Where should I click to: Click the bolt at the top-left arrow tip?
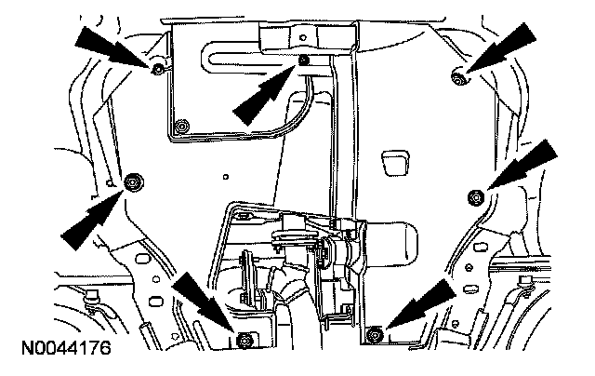(x=157, y=69)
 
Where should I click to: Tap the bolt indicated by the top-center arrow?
(x=305, y=63)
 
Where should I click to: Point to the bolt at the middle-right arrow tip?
(x=474, y=195)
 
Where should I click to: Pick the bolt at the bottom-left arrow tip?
(x=245, y=336)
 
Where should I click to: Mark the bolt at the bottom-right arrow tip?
(x=375, y=333)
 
